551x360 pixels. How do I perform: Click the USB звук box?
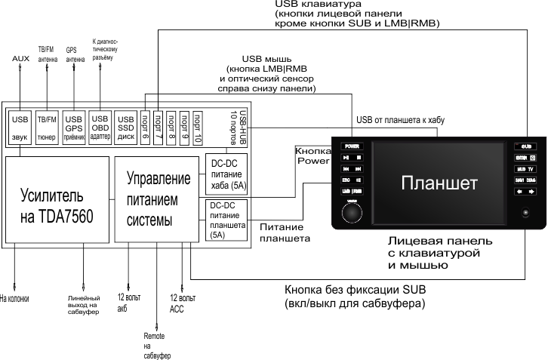point(20,125)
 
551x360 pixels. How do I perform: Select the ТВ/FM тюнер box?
point(47,125)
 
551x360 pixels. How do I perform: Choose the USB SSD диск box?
point(125,125)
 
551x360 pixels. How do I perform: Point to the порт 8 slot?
point(171,126)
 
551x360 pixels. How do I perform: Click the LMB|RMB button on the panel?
point(352,192)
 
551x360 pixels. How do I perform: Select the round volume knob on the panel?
point(352,214)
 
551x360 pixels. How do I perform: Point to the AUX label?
point(20,59)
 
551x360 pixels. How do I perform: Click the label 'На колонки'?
point(13,297)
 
